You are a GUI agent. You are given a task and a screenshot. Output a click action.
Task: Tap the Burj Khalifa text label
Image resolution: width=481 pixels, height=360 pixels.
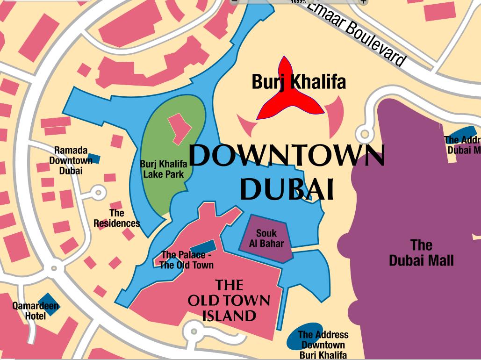(299, 82)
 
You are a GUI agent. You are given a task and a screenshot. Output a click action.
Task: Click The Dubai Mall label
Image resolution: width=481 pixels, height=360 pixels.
(421, 253)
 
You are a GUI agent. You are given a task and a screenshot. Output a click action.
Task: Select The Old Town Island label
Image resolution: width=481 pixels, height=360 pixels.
(229, 300)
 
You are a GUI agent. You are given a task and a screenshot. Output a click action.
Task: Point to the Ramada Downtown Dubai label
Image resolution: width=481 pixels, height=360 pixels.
(71, 160)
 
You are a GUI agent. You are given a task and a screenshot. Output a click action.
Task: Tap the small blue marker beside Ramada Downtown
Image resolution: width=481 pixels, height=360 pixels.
(94, 158)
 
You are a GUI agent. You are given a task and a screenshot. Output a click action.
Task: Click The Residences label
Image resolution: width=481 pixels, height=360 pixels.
(117, 218)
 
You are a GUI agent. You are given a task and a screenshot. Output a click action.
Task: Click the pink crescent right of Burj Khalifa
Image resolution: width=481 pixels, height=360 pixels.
(335, 117)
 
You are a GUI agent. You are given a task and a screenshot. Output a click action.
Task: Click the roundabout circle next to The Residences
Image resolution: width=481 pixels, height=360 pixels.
(98, 192)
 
